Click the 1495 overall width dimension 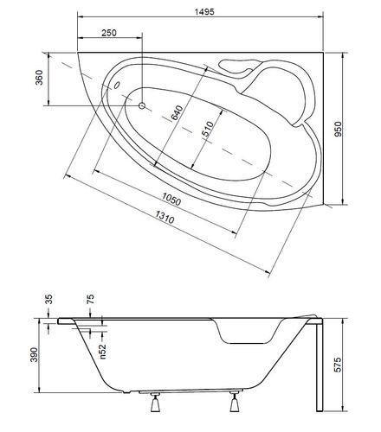204,12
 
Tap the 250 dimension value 109,33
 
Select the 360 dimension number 39,78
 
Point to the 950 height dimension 338,129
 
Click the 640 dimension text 177,112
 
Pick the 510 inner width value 208,129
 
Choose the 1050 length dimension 171,199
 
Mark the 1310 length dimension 165,217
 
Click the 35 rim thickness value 49,299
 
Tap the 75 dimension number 90,299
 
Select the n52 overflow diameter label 103,352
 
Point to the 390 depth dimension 34,355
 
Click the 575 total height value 338,365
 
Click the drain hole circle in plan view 142,105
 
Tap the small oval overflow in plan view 117,85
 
